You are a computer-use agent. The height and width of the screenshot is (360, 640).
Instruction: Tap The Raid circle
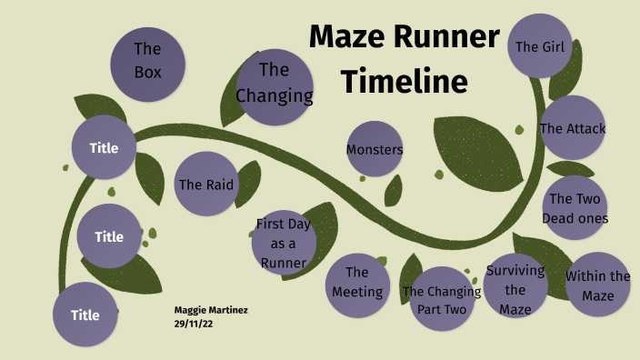pyautogui.click(x=205, y=184)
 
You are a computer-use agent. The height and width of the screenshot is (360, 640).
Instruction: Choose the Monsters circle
pyautogui.click(x=375, y=149)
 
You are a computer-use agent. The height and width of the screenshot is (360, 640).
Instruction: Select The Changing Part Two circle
pyautogui.click(x=440, y=299)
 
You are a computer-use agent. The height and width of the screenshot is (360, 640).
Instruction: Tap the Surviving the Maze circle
pyautogui.click(x=515, y=289)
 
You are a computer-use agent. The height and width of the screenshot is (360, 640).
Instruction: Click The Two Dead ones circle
pyautogui.click(x=575, y=207)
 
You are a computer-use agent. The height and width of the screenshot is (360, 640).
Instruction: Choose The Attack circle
pyautogui.click(x=572, y=128)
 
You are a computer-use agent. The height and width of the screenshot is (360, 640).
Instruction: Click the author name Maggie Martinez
pyautogui.click(x=211, y=310)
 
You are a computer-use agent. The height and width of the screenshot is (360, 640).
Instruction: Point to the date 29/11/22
pyautogui.click(x=194, y=323)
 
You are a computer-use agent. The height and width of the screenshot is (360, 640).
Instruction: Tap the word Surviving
pyautogui.click(x=515, y=270)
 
